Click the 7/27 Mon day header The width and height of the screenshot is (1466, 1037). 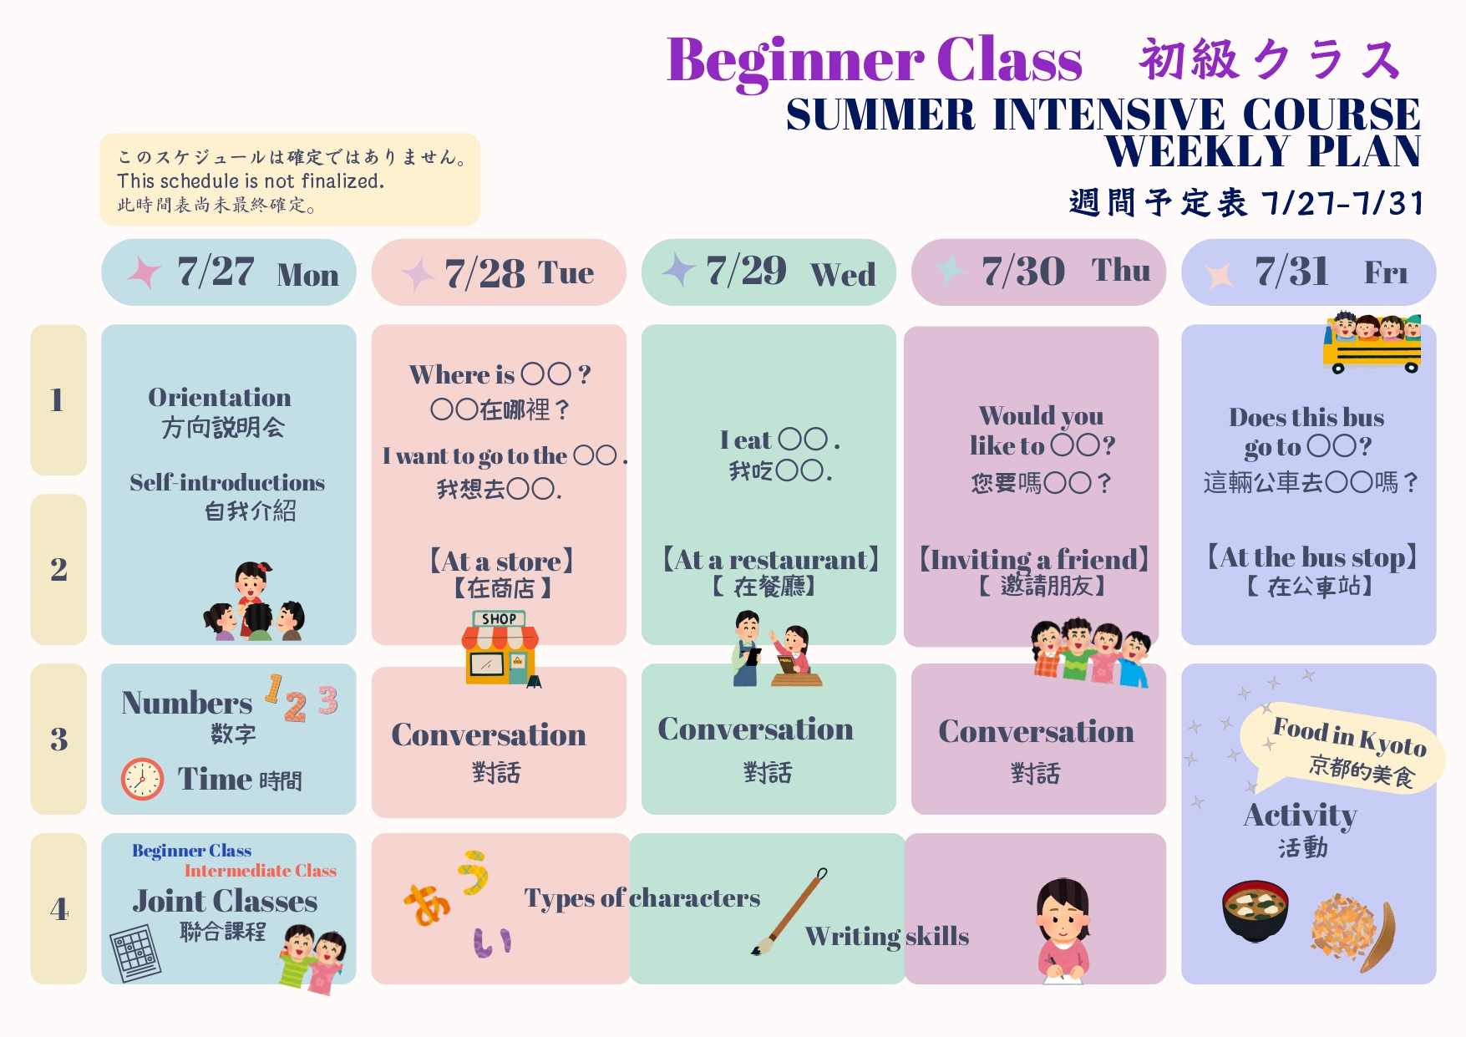point(229,272)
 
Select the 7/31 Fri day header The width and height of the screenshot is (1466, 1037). point(1308,272)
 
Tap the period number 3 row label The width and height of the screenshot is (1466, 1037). point(58,739)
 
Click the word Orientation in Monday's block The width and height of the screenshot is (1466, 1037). point(220,397)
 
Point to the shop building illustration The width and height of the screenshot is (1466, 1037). point(500,648)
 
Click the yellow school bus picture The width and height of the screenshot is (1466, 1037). point(1372,343)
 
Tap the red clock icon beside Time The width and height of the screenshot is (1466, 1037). point(142,779)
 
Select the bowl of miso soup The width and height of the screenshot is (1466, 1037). point(1255,911)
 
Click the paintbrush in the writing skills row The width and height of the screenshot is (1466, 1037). point(789,911)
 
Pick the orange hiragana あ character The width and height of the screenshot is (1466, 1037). point(427,905)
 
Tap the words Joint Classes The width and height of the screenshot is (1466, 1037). point(225,900)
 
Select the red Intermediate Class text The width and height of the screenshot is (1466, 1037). point(261,871)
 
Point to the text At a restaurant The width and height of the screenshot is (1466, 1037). point(771,559)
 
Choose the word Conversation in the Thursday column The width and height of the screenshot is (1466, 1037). point(1036,731)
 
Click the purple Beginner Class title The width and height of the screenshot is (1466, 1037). point(874,61)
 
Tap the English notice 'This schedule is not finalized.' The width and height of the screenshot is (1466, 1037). point(251,180)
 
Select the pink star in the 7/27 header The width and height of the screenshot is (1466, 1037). point(144,272)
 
